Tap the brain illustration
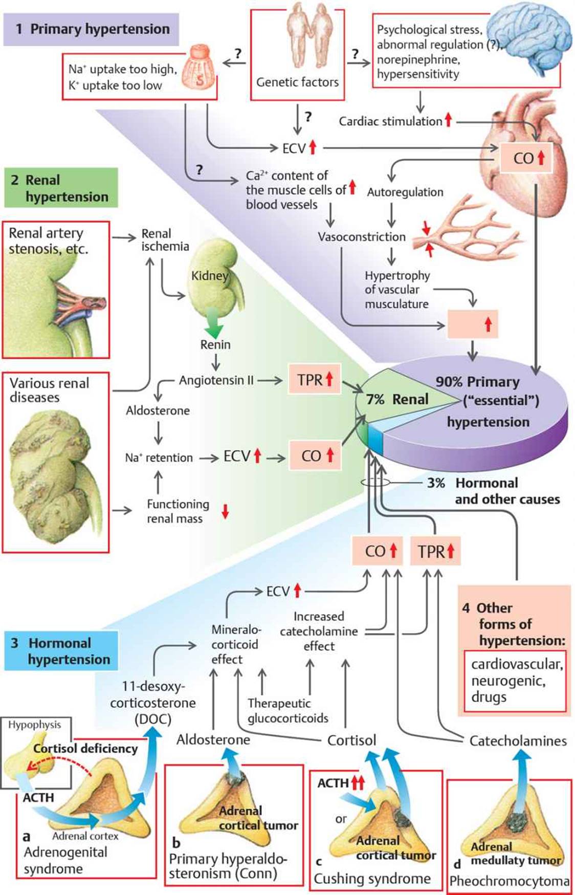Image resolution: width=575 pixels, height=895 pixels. [x=529, y=41]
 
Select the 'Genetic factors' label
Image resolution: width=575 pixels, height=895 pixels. [x=297, y=82]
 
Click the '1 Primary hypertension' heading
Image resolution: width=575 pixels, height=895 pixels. [x=92, y=29]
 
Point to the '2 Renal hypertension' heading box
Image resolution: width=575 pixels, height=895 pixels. [x=61, y=188]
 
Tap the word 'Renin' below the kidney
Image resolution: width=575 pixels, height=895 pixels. [x=215, y=345]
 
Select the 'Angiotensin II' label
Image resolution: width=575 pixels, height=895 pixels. [x=216, y=380]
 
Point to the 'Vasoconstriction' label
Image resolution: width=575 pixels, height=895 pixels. [x=361, y=237]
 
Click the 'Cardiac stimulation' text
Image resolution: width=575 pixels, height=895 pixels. [x=390, y=121]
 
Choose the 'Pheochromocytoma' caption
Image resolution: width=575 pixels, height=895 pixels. [x=509, y=881]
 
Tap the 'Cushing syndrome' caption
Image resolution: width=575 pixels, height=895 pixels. [x=372, y=879]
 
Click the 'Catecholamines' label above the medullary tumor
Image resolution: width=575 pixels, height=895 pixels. [x=518, y=741]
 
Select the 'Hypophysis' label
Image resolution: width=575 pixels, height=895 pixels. [x=34, y=725]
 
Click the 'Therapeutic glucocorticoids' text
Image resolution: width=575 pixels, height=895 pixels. [x=287, y=711]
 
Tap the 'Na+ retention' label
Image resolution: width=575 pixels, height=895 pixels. [x=159, y=457]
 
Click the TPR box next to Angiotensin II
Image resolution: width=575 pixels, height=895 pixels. [x=315, y=380]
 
